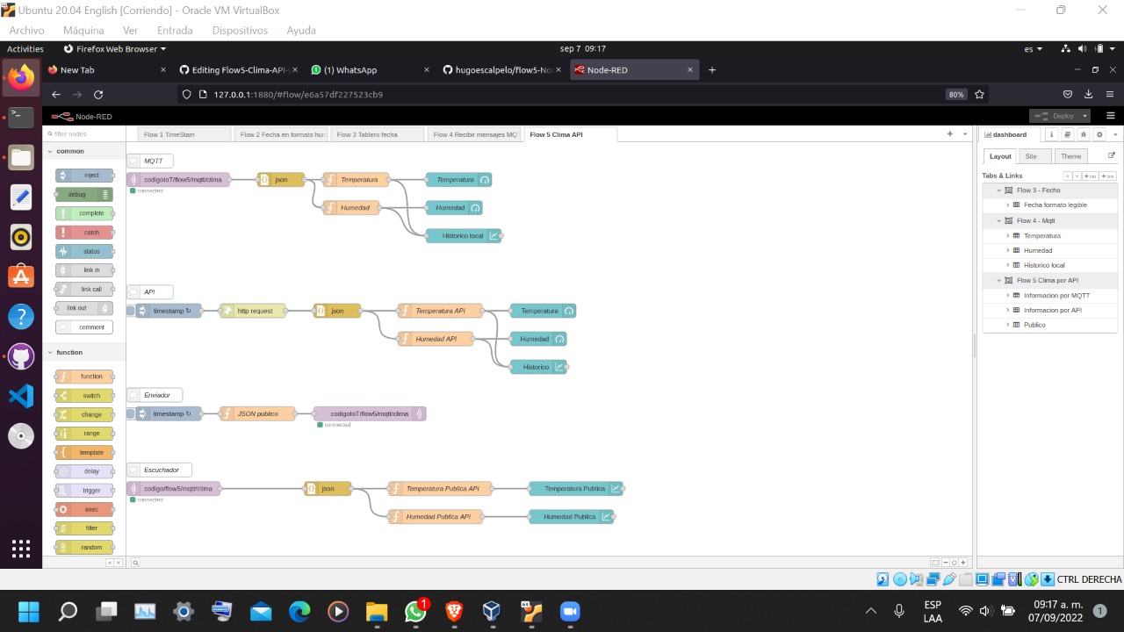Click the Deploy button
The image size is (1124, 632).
click(x=1057, y=116)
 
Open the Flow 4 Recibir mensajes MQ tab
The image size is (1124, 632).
click(x=475, y=134)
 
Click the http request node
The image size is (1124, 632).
click(x=254, y=311)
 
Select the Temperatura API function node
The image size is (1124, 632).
click(x=440, y=311)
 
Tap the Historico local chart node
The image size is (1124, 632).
click(x=464, y=235)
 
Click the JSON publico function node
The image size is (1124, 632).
click(x=257, y=413)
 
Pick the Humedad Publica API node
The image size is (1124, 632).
click(x=438, y=516)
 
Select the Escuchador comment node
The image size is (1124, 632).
click(x=160, y=470)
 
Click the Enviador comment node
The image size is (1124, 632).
click(x=155, y=395)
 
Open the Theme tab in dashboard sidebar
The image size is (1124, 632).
click(x=1070, y=156)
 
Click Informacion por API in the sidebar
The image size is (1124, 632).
click(x=1052, y=310)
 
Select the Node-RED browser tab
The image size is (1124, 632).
click(x=628, y=70)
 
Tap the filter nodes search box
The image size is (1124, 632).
click(x=85, y=134)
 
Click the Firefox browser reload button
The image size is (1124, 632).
click(x=98, y=95)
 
